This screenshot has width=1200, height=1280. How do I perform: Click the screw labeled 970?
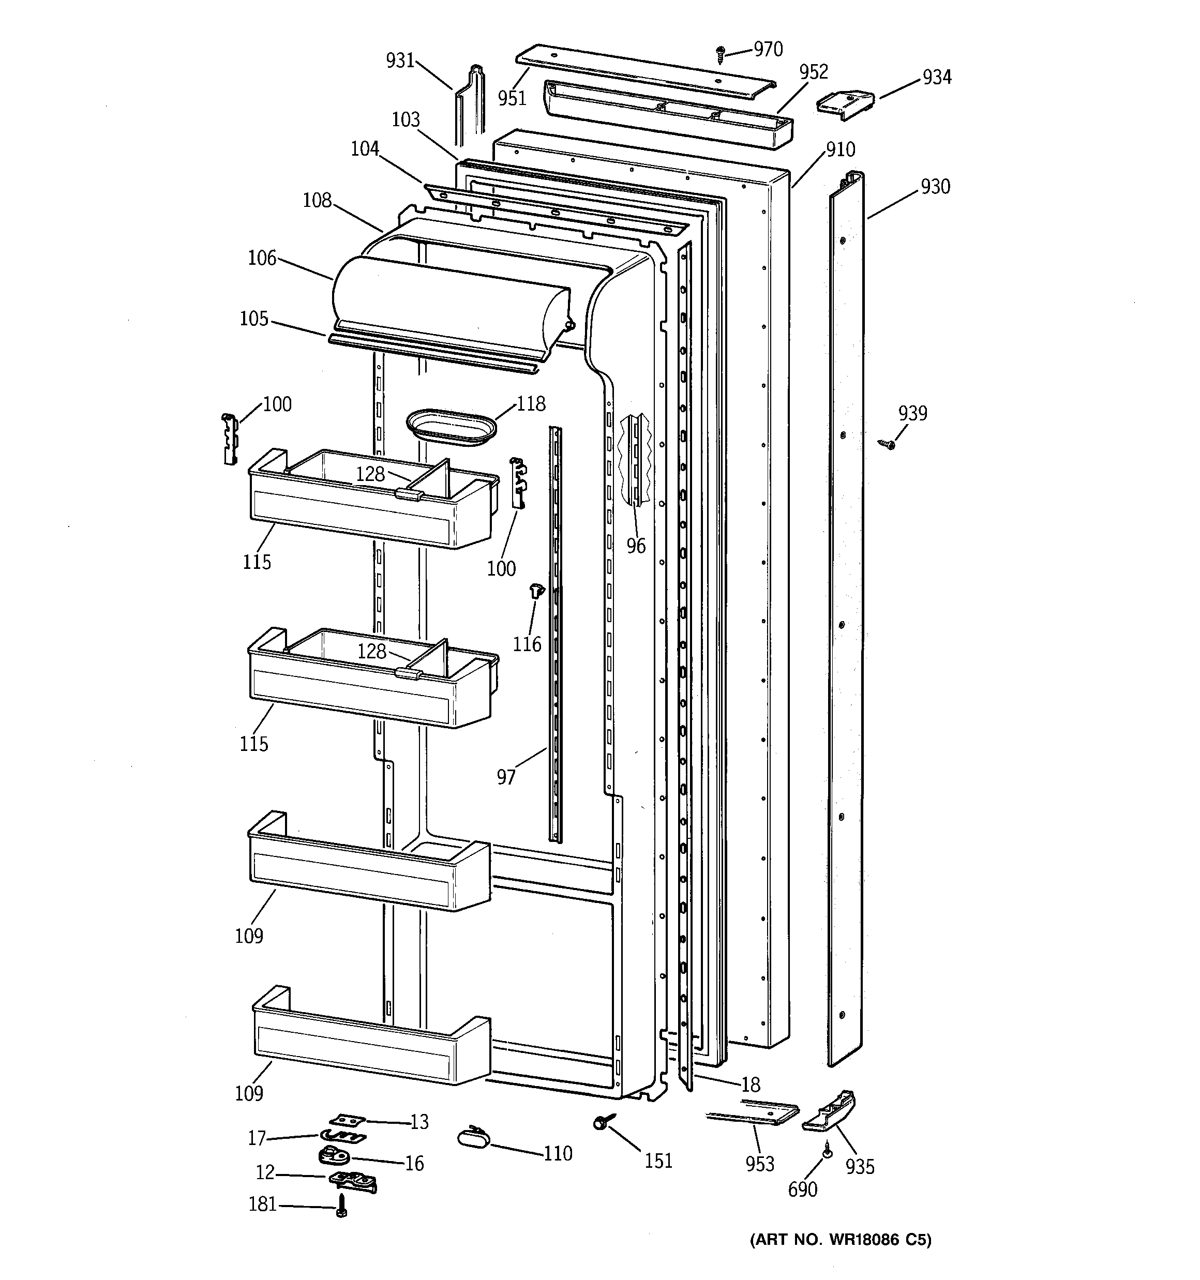coord(721,55)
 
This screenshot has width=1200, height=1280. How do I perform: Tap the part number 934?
coord(937,77)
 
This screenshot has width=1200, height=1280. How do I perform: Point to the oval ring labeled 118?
coord(452,426)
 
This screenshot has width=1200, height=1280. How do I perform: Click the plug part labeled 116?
coord(536,590)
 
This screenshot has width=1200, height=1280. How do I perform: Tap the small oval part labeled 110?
coord(473,1137)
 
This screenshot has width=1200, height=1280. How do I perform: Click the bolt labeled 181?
coord(341,1204)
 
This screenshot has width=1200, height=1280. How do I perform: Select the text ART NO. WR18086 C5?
coord(841,1240)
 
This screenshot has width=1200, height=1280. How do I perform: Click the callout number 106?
coord(262,258)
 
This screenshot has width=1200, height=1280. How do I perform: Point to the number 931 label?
coord(400,61)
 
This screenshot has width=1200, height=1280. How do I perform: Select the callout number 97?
coord(506,777)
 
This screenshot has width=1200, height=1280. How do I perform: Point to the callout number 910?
coord(841,149)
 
